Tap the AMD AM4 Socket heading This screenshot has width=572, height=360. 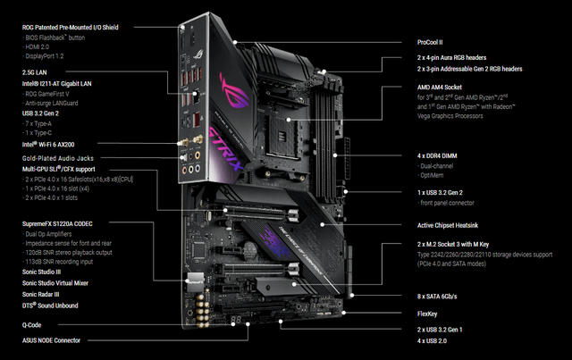pos(444,85)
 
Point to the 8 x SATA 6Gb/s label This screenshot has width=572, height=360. pos(442,296)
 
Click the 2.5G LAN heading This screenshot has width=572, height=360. pos(37,71)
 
